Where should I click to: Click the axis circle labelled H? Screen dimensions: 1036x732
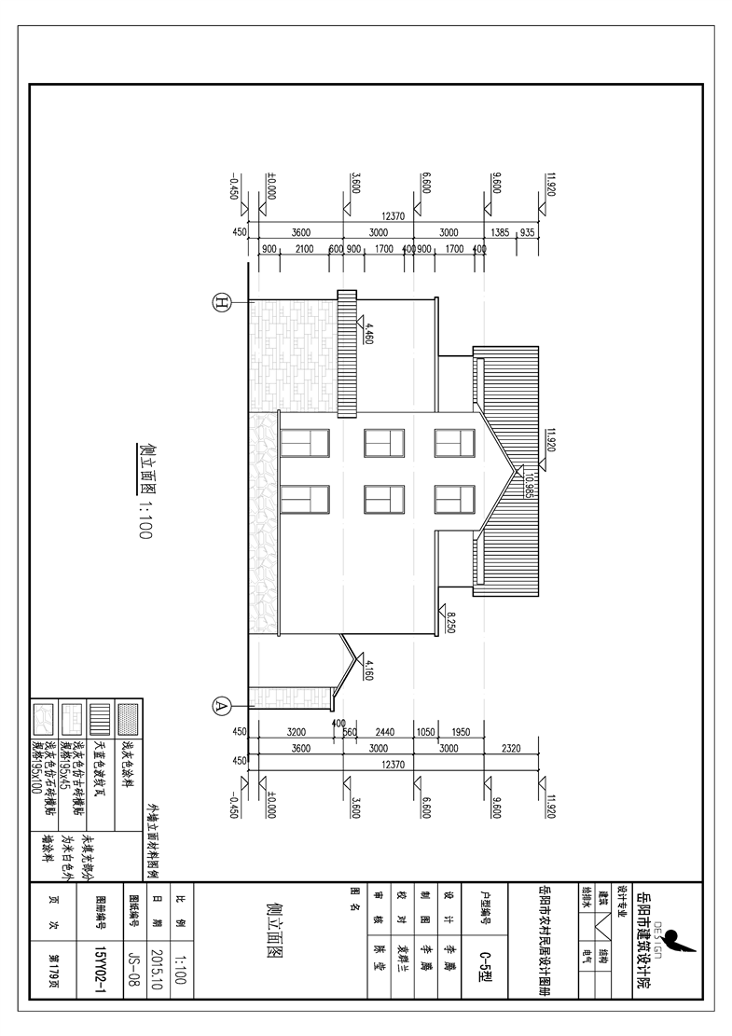click(x=222, y=302)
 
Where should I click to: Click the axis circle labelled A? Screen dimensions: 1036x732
click(x=222, y=705)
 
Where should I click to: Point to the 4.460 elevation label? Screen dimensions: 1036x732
click(x=369, y=335)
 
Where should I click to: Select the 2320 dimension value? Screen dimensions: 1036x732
click(x=511, y=749)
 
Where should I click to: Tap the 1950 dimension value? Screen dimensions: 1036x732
click(x=463, y=731)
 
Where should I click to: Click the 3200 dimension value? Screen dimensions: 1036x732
click(x=297, y=731)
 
